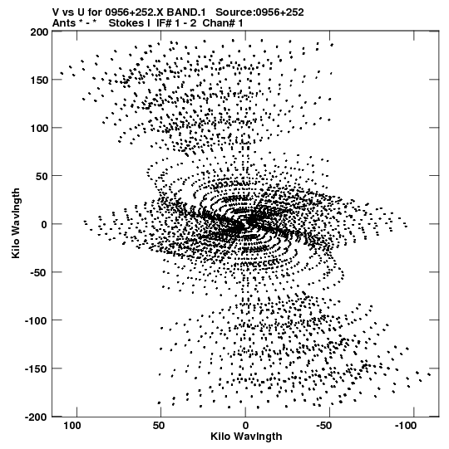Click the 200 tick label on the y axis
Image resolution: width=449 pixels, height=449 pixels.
[39, 32]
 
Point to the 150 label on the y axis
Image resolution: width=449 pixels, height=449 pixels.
[39, 80]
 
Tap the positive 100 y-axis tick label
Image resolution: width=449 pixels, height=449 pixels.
[39, 128]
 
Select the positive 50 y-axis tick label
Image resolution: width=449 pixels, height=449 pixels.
[42, 176]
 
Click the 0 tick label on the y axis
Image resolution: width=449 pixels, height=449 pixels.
[44, 224]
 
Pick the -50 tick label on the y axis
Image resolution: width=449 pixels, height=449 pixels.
[39, 272]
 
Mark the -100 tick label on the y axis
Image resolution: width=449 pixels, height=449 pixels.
[37, 320]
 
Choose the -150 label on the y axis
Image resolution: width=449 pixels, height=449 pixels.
[37, 368]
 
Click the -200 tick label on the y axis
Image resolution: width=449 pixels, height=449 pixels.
[37, 417]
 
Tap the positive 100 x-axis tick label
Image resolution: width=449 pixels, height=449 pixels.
[72, 426]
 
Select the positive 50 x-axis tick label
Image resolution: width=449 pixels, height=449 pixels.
[159, 426]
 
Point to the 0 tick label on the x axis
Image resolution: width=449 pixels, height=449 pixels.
[245, 426]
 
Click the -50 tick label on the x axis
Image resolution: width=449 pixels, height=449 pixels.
[323, 426]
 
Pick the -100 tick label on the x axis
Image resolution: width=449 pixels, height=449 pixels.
[405, 426]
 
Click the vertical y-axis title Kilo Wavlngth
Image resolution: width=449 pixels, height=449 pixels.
[16, 223]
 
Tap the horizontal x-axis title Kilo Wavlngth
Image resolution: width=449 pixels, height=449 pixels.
[246, 437]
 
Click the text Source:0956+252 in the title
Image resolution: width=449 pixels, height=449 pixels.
[259, 12]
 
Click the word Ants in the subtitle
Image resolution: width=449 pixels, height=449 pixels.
[64, 23]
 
